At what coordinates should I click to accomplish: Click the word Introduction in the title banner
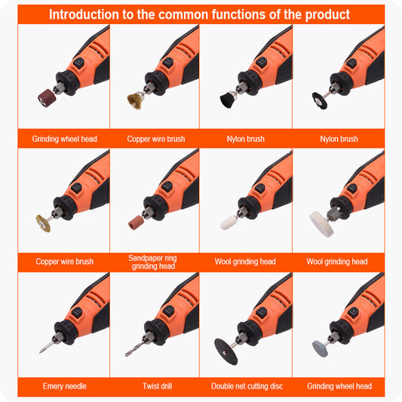click(x=84, y=14)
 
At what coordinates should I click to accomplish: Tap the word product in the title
click(x=327, y=15)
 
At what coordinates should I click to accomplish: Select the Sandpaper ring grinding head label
click(x=153, y=262)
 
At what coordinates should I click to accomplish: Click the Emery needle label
click(x=65, y=386)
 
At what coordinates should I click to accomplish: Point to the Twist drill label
click(x=158, y=386)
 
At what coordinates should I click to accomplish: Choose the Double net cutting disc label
click(x=247, y=386)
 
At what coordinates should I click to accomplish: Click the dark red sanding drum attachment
click(x=47, y=98)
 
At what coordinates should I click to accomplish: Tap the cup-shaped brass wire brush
click(x=135, y=101)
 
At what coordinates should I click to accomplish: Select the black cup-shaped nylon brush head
click(x=226, y=100)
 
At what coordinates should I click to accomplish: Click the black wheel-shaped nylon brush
click(x=320, y=101)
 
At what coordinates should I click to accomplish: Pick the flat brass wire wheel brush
click(x=43, y=223)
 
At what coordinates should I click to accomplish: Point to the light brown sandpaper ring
click(x=136, y=222)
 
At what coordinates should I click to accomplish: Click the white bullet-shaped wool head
click(x=229, y=222)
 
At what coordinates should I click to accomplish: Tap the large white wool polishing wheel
click(x=321, y=224)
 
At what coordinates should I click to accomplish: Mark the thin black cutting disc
click(x=226, y=351)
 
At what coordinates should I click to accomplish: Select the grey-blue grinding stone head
click(x=321, y=349)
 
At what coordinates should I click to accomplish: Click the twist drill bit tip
click(x=126, y=355)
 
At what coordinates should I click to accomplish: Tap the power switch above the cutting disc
click(x=261, y=313)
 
